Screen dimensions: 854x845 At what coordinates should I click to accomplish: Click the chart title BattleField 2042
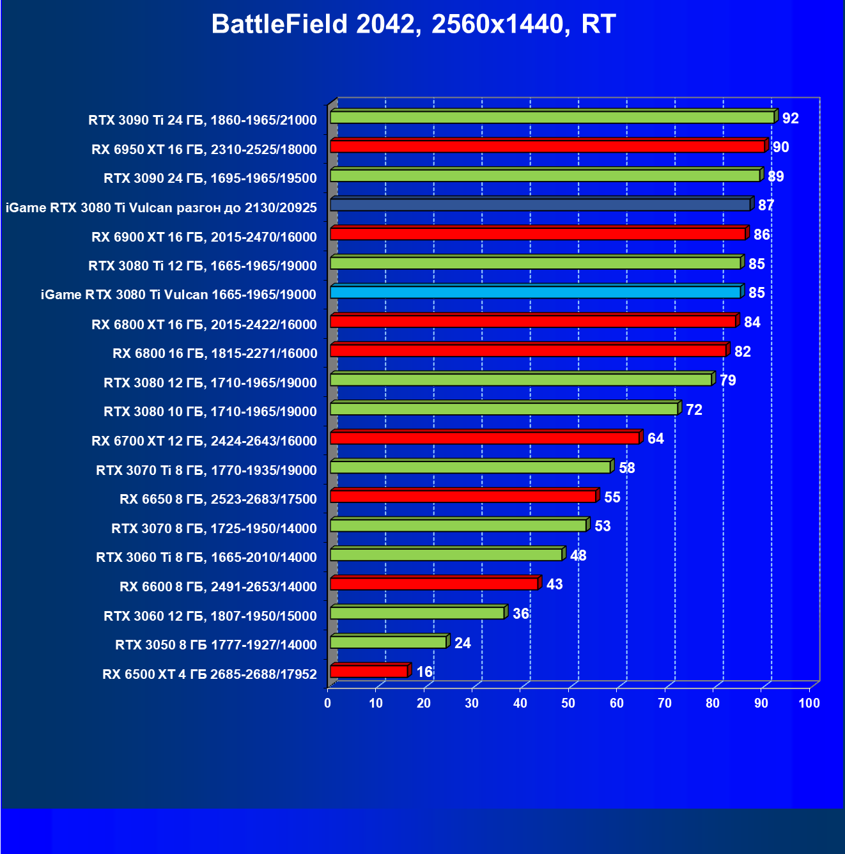pyautogui.click(x=413, y=25)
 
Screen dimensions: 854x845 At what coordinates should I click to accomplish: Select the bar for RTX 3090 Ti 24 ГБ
pyautogui.click(x=552, y=117)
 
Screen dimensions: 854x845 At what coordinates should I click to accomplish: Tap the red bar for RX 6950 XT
pyautogui.click(x=547, y=146)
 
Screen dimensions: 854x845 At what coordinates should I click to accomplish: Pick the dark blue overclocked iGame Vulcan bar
pyautogui.click(x=540, y=205)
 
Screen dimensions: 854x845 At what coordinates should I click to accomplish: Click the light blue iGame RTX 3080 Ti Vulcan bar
pyautogui.click(x=535, y=292)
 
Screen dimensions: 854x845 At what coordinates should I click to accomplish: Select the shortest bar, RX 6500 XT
pyautogui.click(x=369, y=671)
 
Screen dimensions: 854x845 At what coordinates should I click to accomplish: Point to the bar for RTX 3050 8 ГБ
pyautogui.click(x=388, y=642)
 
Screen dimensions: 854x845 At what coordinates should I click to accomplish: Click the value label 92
pyautogui.click(x=790, y=118)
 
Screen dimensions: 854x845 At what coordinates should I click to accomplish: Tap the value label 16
pyautogui.click(x=424, y=672)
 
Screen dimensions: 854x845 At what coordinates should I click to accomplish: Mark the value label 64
pyautogui.click(x=655, y=439)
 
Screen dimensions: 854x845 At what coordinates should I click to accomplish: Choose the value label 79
pyautogui.click(x=727, y=380)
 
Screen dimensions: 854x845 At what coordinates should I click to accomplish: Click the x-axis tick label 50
pyautogui.click(x=568, y=703)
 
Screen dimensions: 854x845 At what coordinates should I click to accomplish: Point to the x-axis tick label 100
pyautogui.click(x=809, y=703)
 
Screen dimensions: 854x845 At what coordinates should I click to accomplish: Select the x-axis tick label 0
pyautogui.click(x=328, y=703)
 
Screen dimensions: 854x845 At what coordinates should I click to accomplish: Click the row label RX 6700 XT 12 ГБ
pyautogui.click(x=204, y=441)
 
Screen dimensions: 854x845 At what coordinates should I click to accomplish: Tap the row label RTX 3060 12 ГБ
pyautogui.click(x=210, y=616)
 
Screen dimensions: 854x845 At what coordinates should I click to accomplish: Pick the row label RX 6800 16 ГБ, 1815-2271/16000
pyautogui.click(x=214, y=353)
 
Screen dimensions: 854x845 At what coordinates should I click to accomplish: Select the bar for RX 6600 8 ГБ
pyautogui.click(x=434, y=584)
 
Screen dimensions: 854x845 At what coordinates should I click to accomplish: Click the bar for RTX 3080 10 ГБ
pyautogui.click(x=504, y=408)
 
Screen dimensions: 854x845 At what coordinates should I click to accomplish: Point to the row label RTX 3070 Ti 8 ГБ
pyautogui.click(x=206, y=470)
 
